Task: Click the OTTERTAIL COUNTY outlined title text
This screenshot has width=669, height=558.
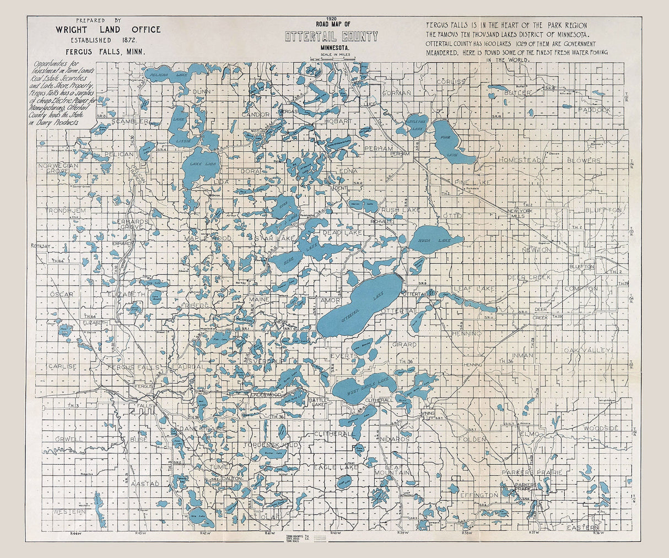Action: coord(331,37)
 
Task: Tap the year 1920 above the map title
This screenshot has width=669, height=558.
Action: coord(331,18)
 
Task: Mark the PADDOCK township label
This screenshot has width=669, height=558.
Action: coord(595,110)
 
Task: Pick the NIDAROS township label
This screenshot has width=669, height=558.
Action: coord(395,439)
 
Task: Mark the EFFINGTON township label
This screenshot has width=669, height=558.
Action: coord(479,495)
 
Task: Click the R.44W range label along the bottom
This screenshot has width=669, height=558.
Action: coord(75,534)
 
